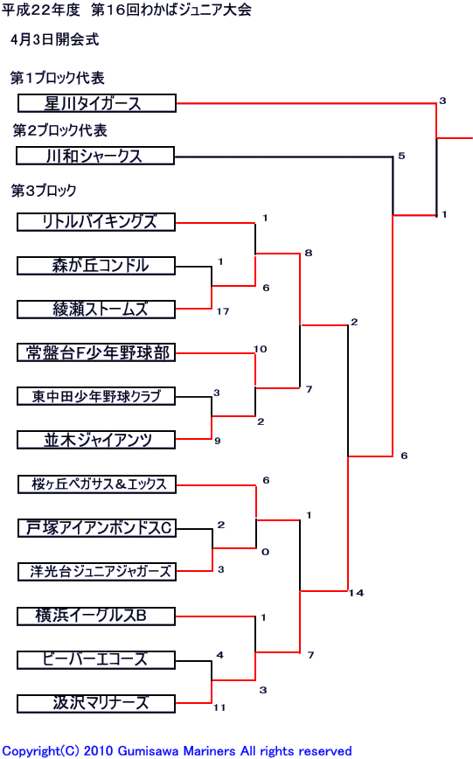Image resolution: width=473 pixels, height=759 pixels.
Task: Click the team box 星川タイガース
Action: click(x=97, y=103)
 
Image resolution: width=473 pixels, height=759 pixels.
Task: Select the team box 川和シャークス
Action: click(x=95, y=156)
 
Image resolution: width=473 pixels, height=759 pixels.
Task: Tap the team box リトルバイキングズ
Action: click(x=96, y=222)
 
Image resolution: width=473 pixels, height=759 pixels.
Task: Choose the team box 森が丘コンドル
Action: click(x=96, y=266)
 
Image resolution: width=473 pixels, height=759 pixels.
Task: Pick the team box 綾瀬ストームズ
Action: click(x=96, y=310)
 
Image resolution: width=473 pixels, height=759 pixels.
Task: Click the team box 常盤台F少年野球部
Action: click(x=96, y=352)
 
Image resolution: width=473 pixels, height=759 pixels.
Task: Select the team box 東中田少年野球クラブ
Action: click(x=96, y=396)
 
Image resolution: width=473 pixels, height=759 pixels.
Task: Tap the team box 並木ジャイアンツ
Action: click(x=96, y=440)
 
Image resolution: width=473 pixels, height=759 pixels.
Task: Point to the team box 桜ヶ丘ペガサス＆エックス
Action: click(x=97, y=484)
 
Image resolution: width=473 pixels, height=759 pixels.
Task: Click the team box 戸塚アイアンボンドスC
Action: click(x=97, y=528)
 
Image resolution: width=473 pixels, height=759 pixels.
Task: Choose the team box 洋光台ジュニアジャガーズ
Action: click(x=97, y=572)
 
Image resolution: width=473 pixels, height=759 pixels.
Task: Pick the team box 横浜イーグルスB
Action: click(x=96, y=616)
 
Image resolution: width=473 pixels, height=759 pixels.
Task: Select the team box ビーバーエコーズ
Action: click(x=96, y=660)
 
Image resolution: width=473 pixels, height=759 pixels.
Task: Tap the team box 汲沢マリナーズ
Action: click(x=96, y=704)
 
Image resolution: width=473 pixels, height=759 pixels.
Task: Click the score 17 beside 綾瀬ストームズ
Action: click(x=223, y=311)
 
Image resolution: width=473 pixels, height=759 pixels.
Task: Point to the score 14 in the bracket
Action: click(x=357, y=593)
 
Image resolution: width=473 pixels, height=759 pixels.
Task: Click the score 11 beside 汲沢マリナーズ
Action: click(x=219, y=707)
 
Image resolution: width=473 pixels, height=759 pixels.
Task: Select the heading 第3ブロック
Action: click(x=44, y=191)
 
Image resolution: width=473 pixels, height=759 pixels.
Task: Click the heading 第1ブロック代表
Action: click(x=57, y=78)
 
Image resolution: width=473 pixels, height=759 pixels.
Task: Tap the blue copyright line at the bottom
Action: click(x=177, y=751)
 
